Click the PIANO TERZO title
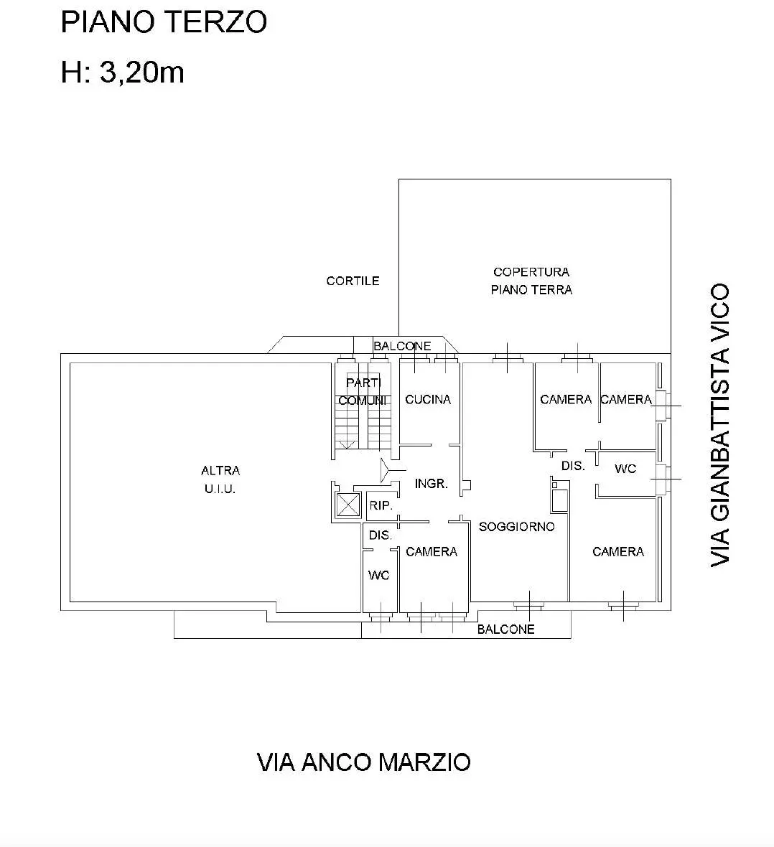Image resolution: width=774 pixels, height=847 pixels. (x=164, y=22)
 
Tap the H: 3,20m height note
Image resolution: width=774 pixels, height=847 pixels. (x=123, y=72)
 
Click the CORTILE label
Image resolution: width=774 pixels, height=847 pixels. (x=353, y=281)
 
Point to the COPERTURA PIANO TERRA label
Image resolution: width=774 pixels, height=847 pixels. (x=531, y=281)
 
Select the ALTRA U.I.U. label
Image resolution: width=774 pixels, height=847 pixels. (x=220, y=479)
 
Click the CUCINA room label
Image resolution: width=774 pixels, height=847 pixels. (x=427, y=399)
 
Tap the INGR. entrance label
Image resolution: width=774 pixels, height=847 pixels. (x=432, y=484)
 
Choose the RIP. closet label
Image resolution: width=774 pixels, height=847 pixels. (x=381, y=505)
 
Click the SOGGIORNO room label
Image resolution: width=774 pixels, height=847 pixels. (x=517, y=527)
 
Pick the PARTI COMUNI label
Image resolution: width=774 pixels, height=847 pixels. (x=363, y=392)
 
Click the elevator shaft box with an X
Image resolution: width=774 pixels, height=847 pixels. (x=348, y=505)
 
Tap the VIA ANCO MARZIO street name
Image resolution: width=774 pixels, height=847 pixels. (x=364, y=762)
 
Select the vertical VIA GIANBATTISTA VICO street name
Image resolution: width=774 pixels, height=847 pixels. (x=720, y=425)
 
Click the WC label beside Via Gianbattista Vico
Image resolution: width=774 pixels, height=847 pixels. (x=625, y=469)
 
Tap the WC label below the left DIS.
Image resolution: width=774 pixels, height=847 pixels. (x=378, y=575)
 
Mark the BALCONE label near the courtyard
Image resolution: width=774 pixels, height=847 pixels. (x=402, y=346)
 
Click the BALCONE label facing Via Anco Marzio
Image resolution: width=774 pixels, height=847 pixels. (x=505, y=630)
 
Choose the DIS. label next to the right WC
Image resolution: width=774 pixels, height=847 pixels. (x=573, y=466)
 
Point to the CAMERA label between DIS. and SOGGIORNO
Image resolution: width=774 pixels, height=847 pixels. (x=432, y=551)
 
